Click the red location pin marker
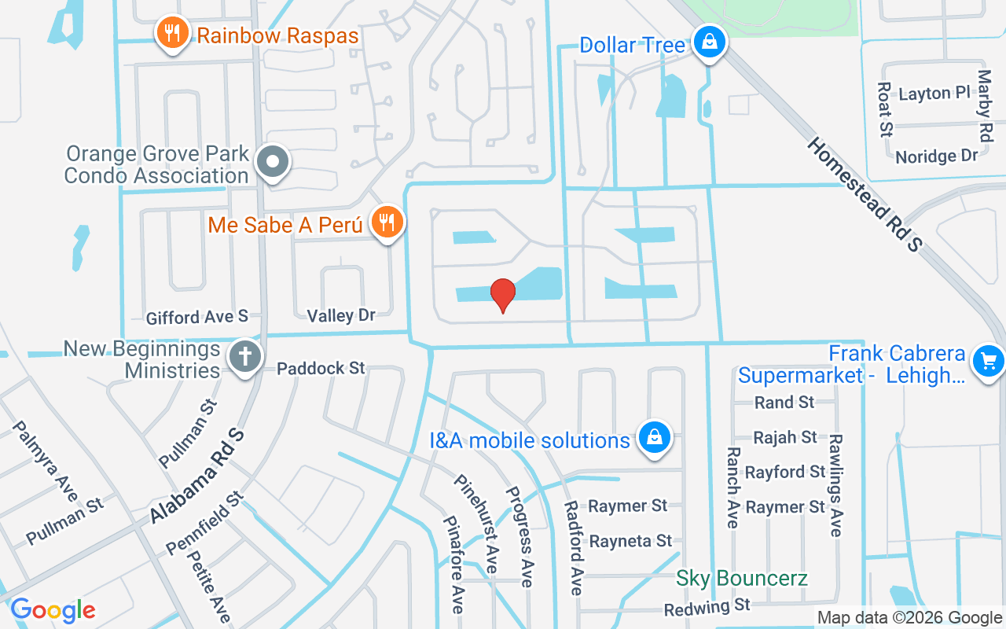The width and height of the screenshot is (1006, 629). pos(503,295)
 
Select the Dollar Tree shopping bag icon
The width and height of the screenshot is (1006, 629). pos(710,42)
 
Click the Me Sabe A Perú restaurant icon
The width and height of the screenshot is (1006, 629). pos(386,223)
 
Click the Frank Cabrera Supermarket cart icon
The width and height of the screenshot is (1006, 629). pos(988,362)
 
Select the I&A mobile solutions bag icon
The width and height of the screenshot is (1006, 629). pos(654,438)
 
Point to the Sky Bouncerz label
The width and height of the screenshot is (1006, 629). pos(742,579)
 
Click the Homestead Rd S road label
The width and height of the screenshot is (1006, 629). pos(863,194)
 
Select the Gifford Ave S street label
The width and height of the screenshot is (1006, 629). pos(196,317)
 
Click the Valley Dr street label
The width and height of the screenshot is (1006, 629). pos(341,315)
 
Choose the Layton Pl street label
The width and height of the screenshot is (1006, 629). pos(934,93)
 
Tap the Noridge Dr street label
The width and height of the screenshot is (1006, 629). pos(936,156)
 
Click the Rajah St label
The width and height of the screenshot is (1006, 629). pos(785,437)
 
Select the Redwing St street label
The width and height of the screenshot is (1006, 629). pos(707,607)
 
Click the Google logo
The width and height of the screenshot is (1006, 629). pos(53,610)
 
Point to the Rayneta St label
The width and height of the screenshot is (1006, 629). pos(631,541)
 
